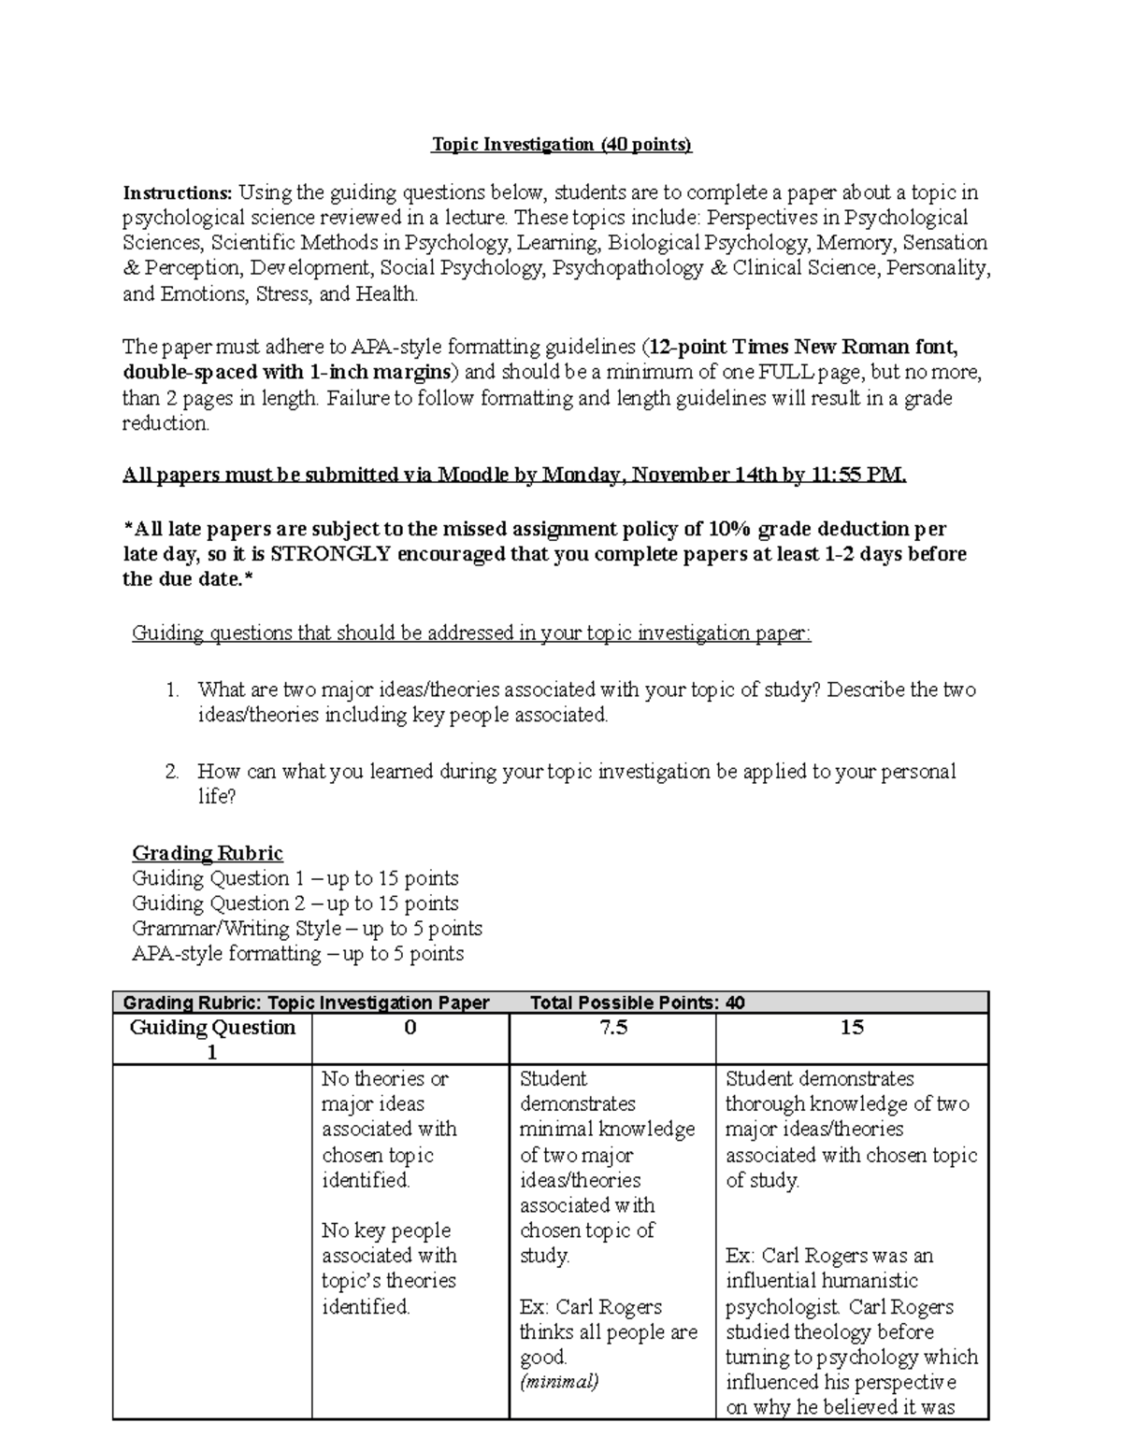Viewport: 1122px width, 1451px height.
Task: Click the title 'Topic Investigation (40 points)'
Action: (561, 145)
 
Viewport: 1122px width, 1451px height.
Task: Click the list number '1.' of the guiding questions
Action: (171, 690)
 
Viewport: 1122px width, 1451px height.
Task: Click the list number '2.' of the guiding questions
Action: (171, 772)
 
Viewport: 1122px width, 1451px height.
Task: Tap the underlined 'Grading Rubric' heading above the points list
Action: (208, 853)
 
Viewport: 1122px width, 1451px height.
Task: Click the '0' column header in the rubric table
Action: (410, 1028)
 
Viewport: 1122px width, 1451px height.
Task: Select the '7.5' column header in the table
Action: (612, 1028)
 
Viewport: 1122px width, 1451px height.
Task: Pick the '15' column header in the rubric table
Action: (851, 1028)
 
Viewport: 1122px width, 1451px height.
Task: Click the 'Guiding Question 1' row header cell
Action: (212, 1040)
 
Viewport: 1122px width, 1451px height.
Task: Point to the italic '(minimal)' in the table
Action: (559, 1382)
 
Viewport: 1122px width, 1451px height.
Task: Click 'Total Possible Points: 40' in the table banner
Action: (637, 1003)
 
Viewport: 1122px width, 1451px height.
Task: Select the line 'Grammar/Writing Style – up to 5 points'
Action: (307, 929)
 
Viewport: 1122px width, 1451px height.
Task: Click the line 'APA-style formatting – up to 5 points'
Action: (297, 954)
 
